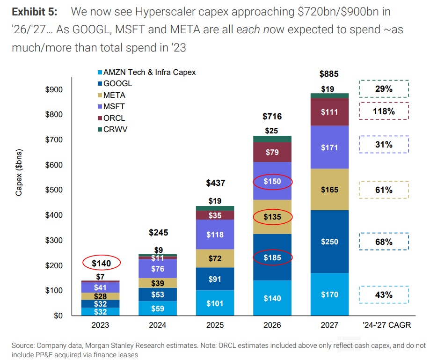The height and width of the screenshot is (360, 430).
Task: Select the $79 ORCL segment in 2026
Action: (x=272, y=152)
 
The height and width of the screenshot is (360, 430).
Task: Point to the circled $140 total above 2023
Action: (x=101, y=263)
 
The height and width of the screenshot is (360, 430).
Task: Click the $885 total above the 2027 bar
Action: (x=328, y=74)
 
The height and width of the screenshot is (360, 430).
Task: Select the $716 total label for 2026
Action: (x=272, y=116)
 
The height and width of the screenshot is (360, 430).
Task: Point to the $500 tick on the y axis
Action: (x=55, y=190)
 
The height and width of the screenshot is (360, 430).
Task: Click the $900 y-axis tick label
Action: (x=55, y=90)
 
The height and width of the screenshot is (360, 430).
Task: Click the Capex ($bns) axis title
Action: (x=19, y=173)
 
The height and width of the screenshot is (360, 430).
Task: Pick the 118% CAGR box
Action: (x=384, y=111)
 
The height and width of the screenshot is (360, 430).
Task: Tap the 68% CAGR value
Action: (x=384, y=242)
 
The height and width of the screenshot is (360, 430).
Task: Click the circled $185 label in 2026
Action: (x=272, y=257)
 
